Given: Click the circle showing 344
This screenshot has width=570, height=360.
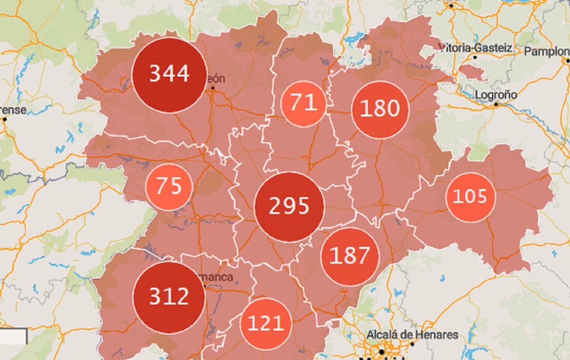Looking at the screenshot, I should (x=169, y=74).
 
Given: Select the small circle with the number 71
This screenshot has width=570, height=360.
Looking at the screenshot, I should (x=303, y=103).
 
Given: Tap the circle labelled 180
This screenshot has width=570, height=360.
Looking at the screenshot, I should (x=380, y=109).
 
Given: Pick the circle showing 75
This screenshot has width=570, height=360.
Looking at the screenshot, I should (x=169, y=187).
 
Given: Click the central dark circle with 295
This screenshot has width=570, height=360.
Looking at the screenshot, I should (x=289, y=206).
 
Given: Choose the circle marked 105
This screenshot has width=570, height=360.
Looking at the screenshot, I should (x=470, y=197).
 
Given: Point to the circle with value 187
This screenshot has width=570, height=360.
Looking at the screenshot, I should (x=350, y=257).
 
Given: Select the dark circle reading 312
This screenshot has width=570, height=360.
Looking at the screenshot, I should (x=169, y=297).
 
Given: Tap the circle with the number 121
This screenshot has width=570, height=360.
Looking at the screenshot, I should (x=265, y=324).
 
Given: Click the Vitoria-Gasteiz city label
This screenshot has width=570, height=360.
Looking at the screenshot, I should (x=475, y=48).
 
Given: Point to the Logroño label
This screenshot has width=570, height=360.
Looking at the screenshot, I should (x=496, y=94).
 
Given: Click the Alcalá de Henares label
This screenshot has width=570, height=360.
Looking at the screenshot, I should (x=412, y=335).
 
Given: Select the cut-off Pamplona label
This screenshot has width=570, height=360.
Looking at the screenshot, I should (x=547, y=51).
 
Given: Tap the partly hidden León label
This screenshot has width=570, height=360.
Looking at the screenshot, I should (x=215, y=79).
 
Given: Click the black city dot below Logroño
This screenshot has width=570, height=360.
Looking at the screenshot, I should (x=496, y=105).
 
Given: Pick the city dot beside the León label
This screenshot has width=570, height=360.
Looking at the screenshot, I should (x=213, y=88).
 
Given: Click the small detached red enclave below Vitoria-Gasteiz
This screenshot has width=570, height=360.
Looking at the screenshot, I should (x=472, y=72).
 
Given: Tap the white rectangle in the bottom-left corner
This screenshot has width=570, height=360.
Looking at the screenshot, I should (x=13, y=336).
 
